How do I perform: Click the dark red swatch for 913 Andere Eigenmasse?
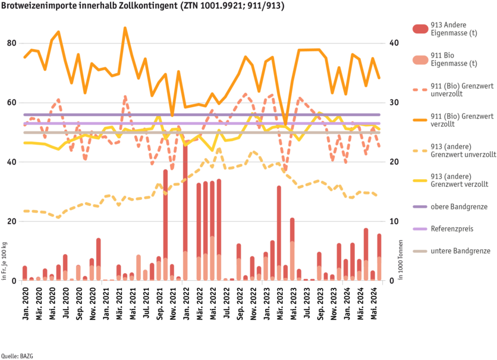point(420,29)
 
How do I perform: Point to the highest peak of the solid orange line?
point(125,27)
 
